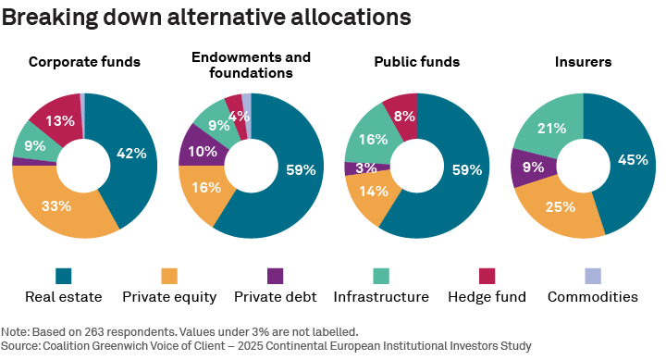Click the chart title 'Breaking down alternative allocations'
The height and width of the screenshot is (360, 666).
tap(193, 17)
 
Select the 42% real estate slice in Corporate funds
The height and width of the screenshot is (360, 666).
tap(132, 154)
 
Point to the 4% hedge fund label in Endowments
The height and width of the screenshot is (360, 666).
tap(239, 117)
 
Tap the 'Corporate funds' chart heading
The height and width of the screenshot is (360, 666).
tap(84, 62)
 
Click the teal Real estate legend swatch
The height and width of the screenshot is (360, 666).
tap(64, 276)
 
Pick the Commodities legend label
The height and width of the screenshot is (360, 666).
tap(592, 297)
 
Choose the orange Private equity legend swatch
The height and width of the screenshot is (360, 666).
tap(169, 276)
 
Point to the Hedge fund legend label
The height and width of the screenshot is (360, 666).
tap(487, 297)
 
